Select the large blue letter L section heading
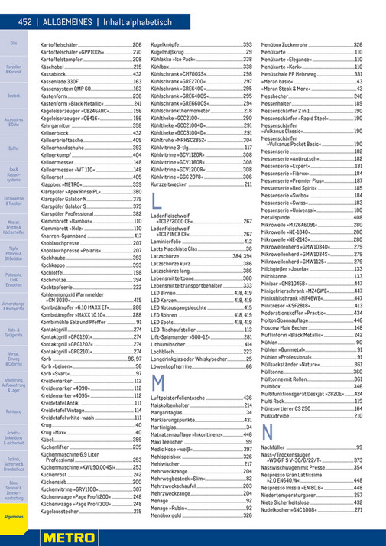[157, 203]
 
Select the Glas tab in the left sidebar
[14, 44]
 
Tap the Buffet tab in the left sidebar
[14, 148]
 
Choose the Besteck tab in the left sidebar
[14, 96]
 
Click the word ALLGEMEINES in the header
[66, 23]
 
